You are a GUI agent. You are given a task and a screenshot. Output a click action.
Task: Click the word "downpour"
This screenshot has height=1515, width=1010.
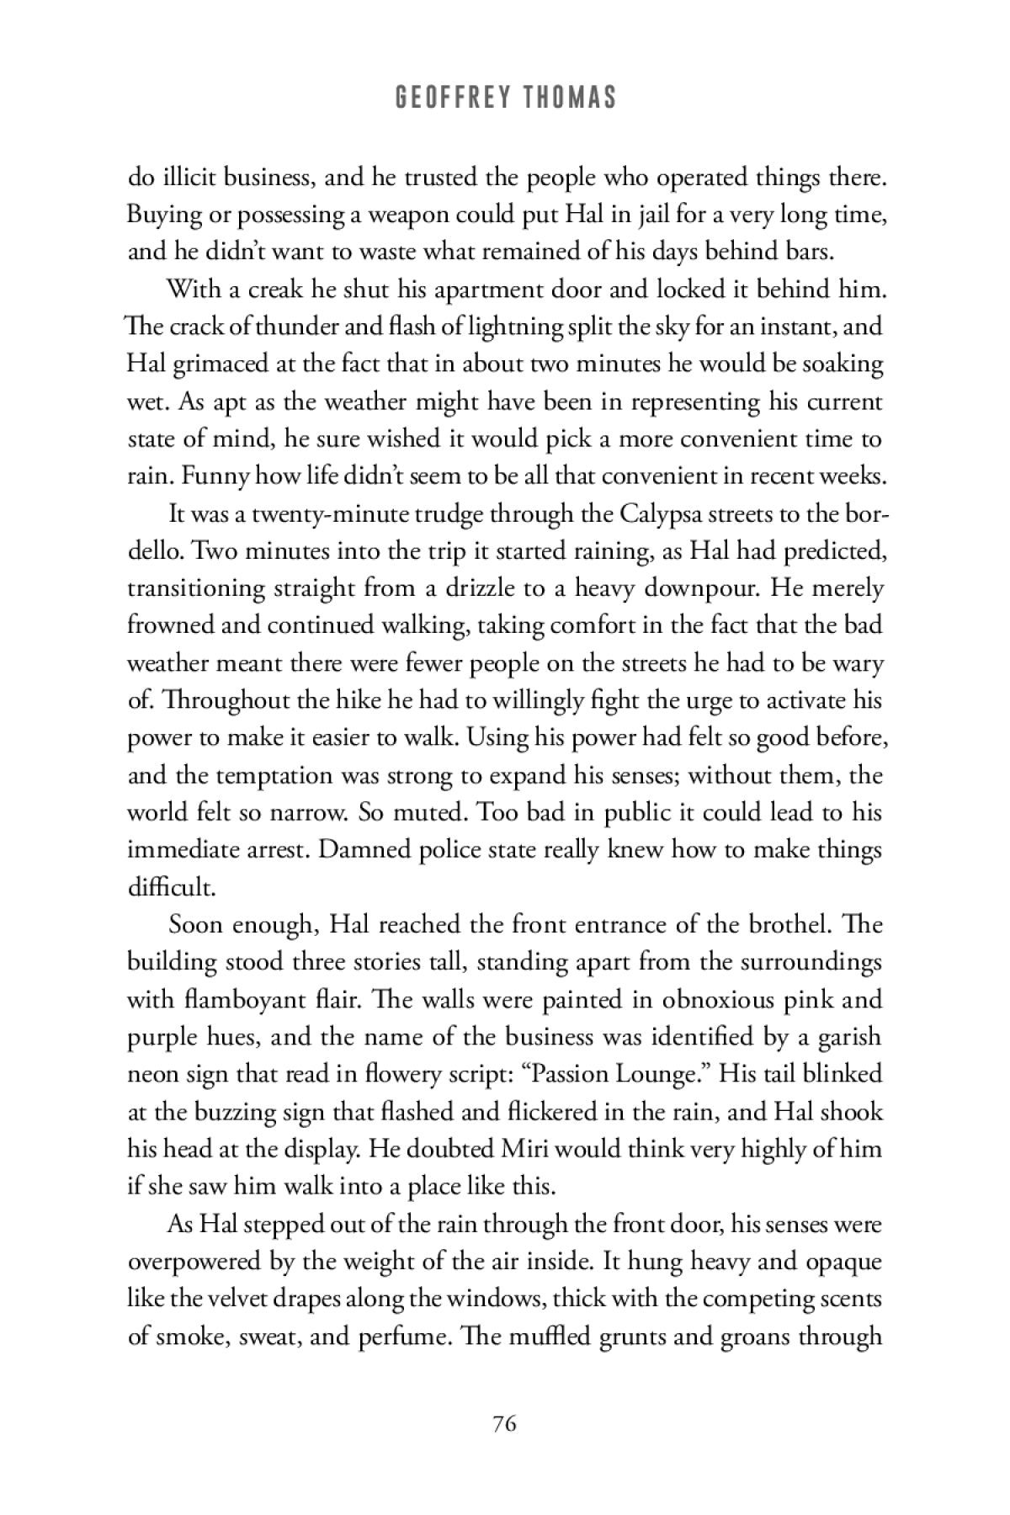[693, 587]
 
